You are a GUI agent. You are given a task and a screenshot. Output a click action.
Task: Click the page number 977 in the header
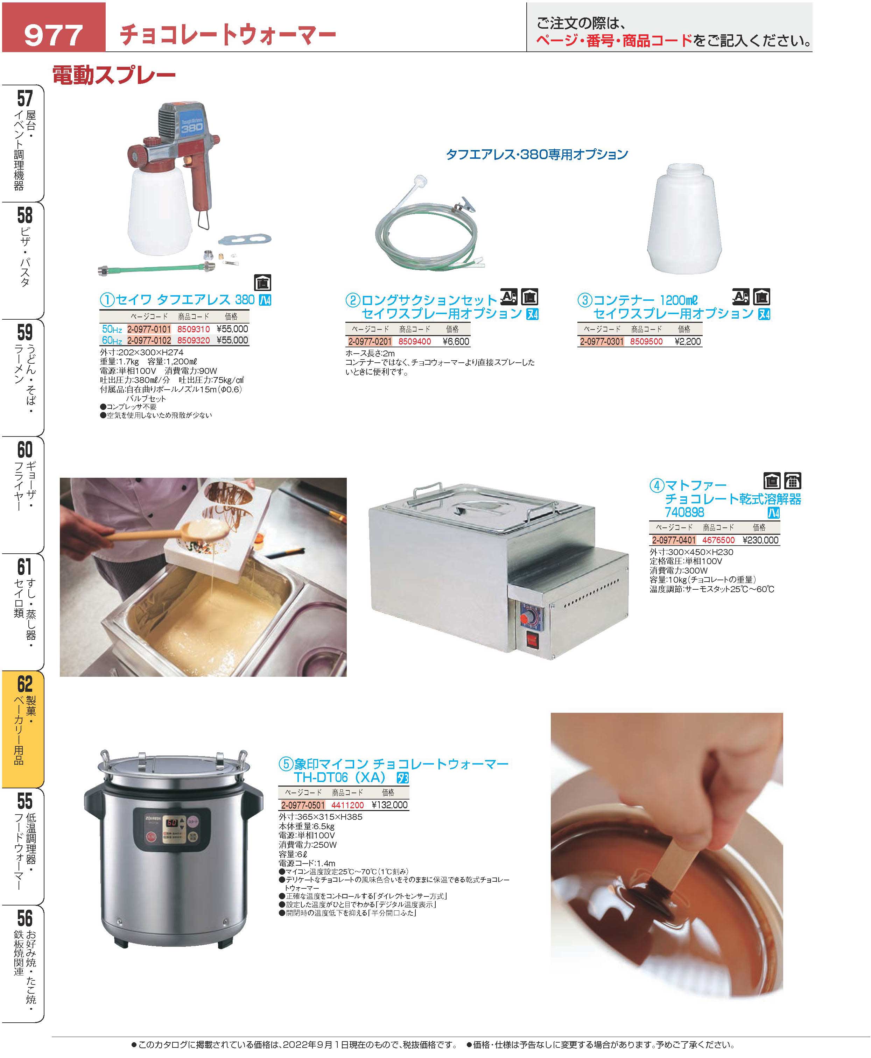53,35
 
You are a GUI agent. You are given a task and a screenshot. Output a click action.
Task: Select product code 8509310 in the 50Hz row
194,329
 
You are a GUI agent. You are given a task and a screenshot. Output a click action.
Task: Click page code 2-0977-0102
149,340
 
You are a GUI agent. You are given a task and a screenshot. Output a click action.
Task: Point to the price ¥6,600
456,341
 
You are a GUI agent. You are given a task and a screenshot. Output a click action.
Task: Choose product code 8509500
646,341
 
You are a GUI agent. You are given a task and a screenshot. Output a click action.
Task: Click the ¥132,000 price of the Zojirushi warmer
390,805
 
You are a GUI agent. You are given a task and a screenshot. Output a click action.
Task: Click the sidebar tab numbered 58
23,260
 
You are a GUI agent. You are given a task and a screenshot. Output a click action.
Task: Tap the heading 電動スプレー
114,75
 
